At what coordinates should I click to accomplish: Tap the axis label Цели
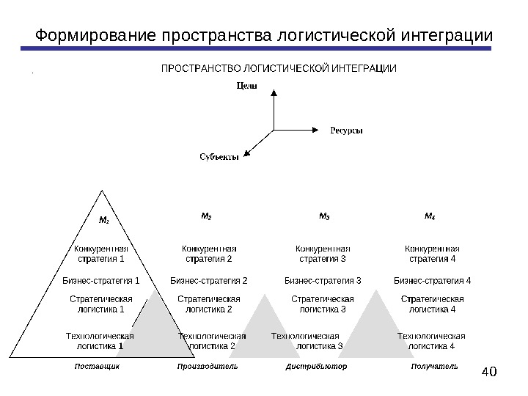click(246, 86)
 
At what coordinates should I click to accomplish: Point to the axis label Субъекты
click(219, 156)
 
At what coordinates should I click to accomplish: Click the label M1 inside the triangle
click(103, 219)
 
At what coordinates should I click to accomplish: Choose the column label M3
click(324, 216)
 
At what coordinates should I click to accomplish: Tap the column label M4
click(430, 216)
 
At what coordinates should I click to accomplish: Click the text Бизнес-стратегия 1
click(100, 280)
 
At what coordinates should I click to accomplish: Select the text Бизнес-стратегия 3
click(323, 280)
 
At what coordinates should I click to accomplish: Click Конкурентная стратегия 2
click(209, 254)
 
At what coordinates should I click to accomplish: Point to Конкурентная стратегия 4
click(433, 254)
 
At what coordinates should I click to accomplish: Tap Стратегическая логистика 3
click(323, 304)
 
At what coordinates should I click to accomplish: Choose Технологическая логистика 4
click(431, 341)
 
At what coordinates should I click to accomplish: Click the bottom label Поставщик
click(97, 365)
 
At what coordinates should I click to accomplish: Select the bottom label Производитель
click(208, 365)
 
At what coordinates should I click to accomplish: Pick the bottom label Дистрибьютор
click(316, 365)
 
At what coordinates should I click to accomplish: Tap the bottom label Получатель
click(435, 365)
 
